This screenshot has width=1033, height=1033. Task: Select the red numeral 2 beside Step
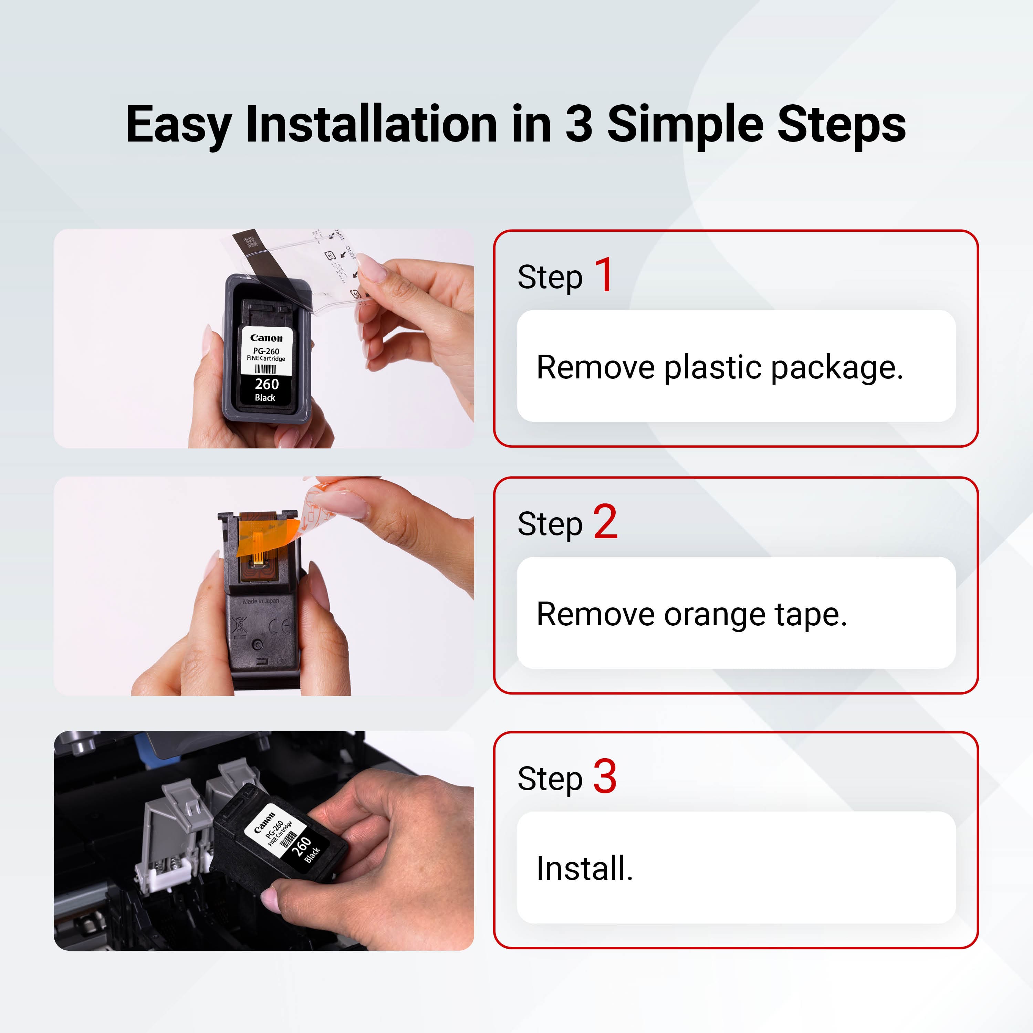point(605,522)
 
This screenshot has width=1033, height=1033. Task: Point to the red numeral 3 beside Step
point(605,776)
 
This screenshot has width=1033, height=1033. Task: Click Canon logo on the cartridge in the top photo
point(266,338)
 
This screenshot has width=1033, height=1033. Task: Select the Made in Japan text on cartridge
point(261,601)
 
